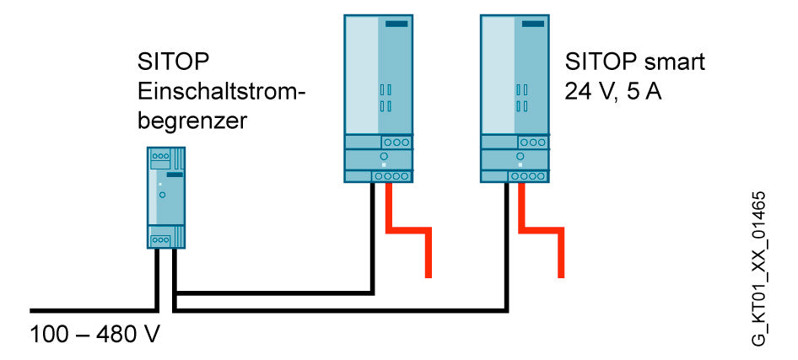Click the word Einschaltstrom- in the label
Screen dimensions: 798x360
point(221,93)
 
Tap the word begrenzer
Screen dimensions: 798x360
point(191,122)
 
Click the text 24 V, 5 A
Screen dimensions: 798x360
point(613,93)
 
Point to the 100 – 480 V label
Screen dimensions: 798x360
point(94,336)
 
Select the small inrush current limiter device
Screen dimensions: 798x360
point(166,198)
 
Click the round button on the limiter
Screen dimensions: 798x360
point(162,195)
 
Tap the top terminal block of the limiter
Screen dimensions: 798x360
point(161,156)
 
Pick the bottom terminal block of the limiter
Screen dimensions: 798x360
point(161,239)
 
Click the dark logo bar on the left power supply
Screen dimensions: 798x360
point(396,24)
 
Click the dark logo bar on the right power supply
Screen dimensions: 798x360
point(533,24)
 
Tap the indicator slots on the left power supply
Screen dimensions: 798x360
point(386,98)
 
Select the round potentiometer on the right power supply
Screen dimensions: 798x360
point(520,156)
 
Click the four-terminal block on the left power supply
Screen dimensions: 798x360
point(391,176)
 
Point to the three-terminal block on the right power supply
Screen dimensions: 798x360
point(533,142)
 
